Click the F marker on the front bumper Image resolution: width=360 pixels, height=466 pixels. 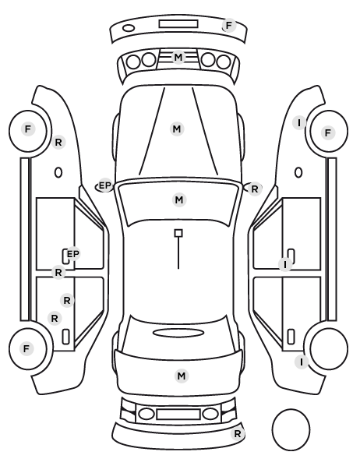(x=228, y=26)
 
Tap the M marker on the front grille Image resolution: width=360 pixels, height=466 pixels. (x=178, y=57)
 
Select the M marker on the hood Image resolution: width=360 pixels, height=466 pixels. (x=177, y=129)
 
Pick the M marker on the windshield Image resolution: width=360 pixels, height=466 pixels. (x=179, y=199)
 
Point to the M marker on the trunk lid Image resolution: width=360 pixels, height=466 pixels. (x=182, y=376)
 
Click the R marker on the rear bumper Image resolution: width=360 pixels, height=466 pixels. (x=237, y=434)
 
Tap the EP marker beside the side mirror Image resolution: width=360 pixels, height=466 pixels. (x=104, y=186)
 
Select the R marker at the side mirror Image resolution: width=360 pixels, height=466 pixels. (x=255, y=189)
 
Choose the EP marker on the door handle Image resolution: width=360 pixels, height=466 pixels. (x=73, y=254)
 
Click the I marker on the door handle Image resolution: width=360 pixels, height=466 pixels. (x=285, y=264)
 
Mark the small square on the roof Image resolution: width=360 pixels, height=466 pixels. (x=178, y=233)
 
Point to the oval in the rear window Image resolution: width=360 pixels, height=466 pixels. (x=178, y=333)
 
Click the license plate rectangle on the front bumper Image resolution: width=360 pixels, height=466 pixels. (x=178, y=24)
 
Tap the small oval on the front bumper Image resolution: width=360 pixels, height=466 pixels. (x=129, y=28)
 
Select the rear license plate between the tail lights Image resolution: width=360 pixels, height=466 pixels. (x=178, y=415)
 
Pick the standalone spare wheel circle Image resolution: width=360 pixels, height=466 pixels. (x=291, y=429)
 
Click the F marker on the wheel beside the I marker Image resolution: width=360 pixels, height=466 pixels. (x=328, y=132)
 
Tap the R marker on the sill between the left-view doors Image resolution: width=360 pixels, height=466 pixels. (x=58, y=272)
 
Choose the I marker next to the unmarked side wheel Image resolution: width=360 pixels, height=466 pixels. (x=302, y=362)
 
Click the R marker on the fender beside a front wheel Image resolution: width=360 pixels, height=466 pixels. (x=58, y=143)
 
